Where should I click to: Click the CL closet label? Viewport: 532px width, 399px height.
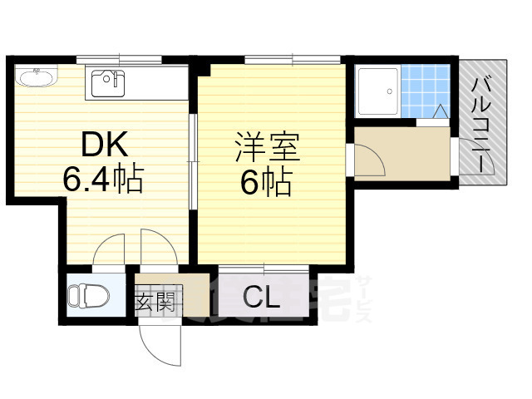coord(261,298)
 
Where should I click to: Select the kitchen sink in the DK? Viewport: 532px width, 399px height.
coord(107,83)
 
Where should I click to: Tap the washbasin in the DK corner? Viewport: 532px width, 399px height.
coord(35,78)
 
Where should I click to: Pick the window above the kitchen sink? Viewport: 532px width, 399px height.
coord(118,58)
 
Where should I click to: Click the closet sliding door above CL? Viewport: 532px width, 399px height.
coord(264,268)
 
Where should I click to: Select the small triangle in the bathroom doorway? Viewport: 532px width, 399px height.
coord(441,111)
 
